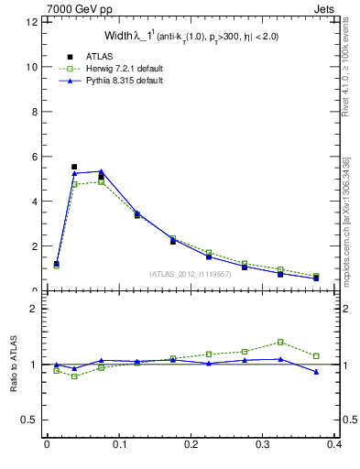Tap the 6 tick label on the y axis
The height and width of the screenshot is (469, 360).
[x=33, y=157]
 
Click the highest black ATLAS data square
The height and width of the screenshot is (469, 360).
[x=74, y=167]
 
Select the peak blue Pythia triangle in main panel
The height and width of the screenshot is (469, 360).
[x=101, y=171]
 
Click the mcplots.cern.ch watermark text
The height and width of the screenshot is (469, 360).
[x=345, y=220]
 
